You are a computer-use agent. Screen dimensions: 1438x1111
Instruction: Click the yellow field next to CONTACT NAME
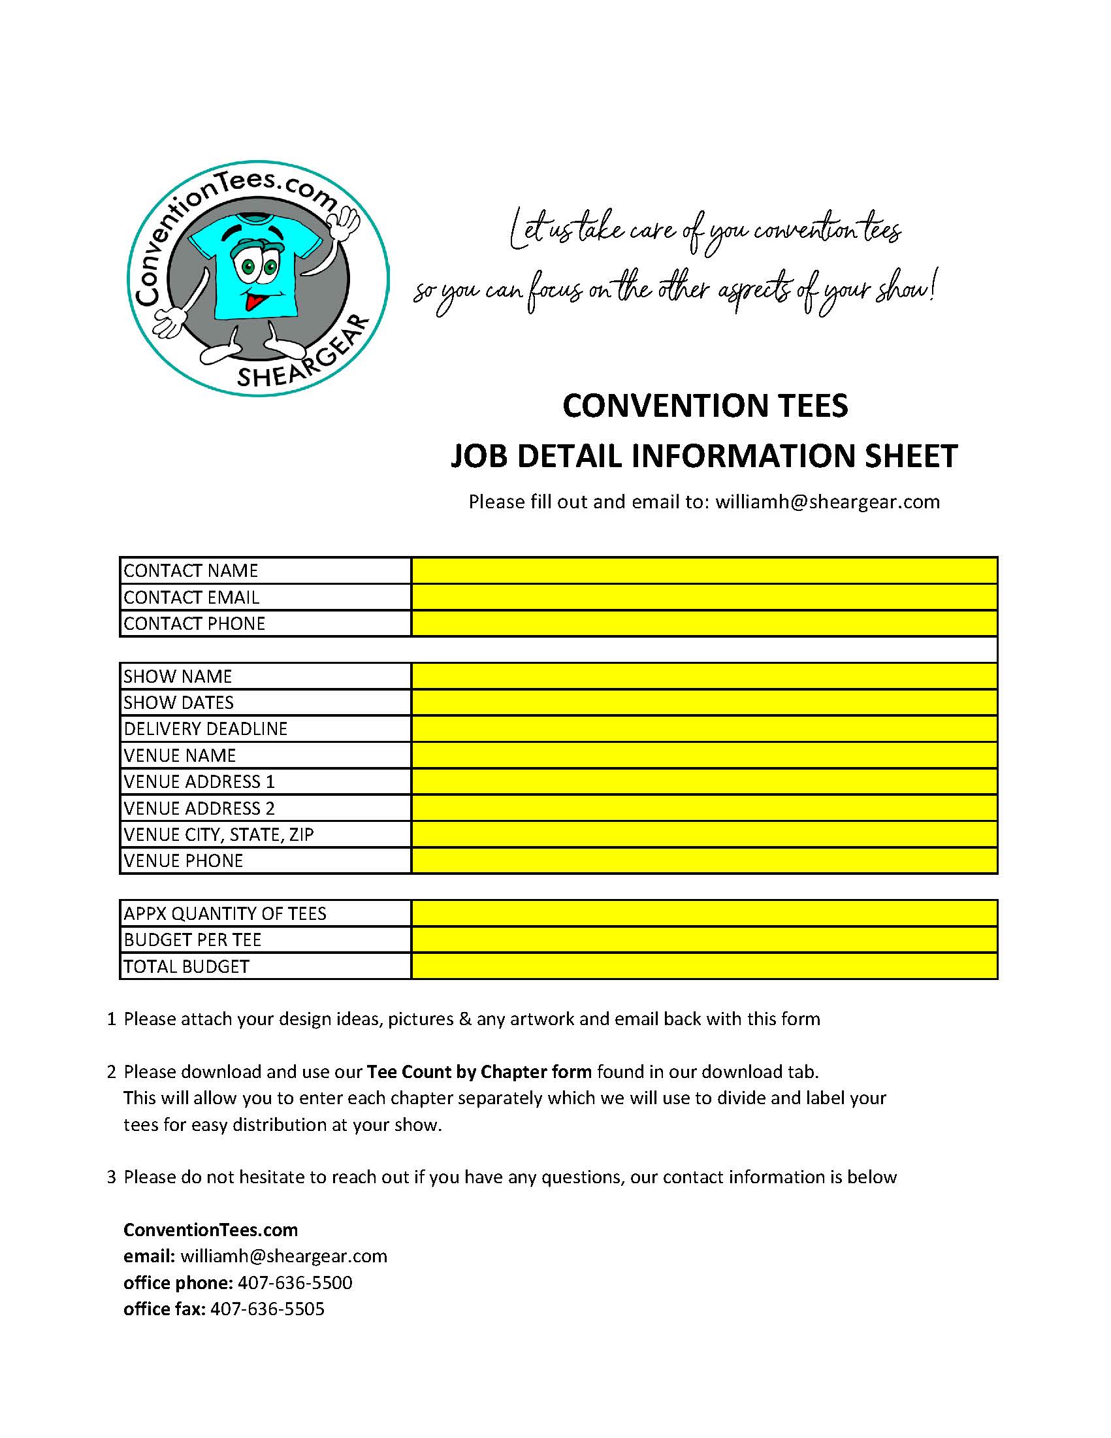(703, 570)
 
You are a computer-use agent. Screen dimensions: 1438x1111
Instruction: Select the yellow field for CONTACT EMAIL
(703, 597)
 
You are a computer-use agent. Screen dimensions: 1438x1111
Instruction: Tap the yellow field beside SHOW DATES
(703, 702)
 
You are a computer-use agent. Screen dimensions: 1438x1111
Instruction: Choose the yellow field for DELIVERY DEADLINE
(703, 729)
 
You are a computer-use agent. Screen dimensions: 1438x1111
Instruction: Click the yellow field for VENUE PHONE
(703, 860)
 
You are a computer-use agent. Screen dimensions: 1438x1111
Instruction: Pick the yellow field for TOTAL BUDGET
(703, 966)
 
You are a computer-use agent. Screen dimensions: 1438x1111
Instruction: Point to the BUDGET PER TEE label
(192, 940)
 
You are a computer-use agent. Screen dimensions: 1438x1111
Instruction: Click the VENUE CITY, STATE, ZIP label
(219, 835)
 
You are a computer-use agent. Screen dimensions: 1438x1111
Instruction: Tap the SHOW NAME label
(178, 677)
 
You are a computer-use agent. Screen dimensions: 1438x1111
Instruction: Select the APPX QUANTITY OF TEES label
(225, 914)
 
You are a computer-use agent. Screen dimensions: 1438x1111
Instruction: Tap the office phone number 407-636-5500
(295, 1283)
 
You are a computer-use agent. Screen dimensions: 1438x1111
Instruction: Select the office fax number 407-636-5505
(267, 1309)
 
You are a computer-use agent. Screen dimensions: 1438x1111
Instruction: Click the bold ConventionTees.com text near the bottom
(210, 1230)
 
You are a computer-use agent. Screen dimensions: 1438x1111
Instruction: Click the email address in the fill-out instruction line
(828, 502)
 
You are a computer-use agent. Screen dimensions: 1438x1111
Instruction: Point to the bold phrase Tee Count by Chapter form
(479, 1072)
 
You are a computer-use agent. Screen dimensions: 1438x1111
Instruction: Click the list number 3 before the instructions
(111, 1177)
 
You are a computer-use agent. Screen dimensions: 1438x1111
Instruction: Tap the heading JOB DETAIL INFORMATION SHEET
(703, 455)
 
